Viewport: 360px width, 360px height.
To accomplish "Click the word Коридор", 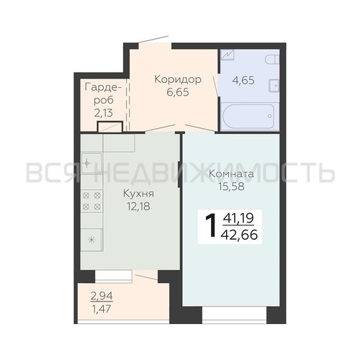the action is coord(178,80).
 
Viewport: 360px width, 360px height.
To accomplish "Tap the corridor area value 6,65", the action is coord(178,92).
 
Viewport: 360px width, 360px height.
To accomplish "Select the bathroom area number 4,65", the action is coord(243,81).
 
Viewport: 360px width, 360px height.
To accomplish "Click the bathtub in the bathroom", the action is coord(248,116).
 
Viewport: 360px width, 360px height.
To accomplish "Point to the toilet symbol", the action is coord(272,59).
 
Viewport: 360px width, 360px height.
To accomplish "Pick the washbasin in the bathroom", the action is coord(274,86).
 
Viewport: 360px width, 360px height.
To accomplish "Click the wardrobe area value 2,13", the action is coord(104,112).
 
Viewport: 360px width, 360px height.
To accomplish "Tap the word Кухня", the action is coord(138,194).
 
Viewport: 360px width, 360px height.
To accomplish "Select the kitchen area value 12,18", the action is coord(139,206).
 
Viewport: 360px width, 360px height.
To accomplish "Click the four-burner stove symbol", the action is coord(91,201).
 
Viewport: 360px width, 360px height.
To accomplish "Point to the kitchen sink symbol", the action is coord(91,163).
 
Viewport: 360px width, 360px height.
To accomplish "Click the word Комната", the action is coord(231,174).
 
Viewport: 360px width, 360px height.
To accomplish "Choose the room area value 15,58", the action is coord(231,186).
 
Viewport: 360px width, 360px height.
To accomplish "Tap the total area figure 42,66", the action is coord(240,235).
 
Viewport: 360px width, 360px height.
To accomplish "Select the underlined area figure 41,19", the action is coord(238,218).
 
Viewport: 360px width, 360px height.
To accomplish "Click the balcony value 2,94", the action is coord(102,296).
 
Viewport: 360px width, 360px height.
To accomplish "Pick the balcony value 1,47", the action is coord(102,309).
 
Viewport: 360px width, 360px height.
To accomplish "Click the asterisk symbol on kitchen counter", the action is coord(91,240).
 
